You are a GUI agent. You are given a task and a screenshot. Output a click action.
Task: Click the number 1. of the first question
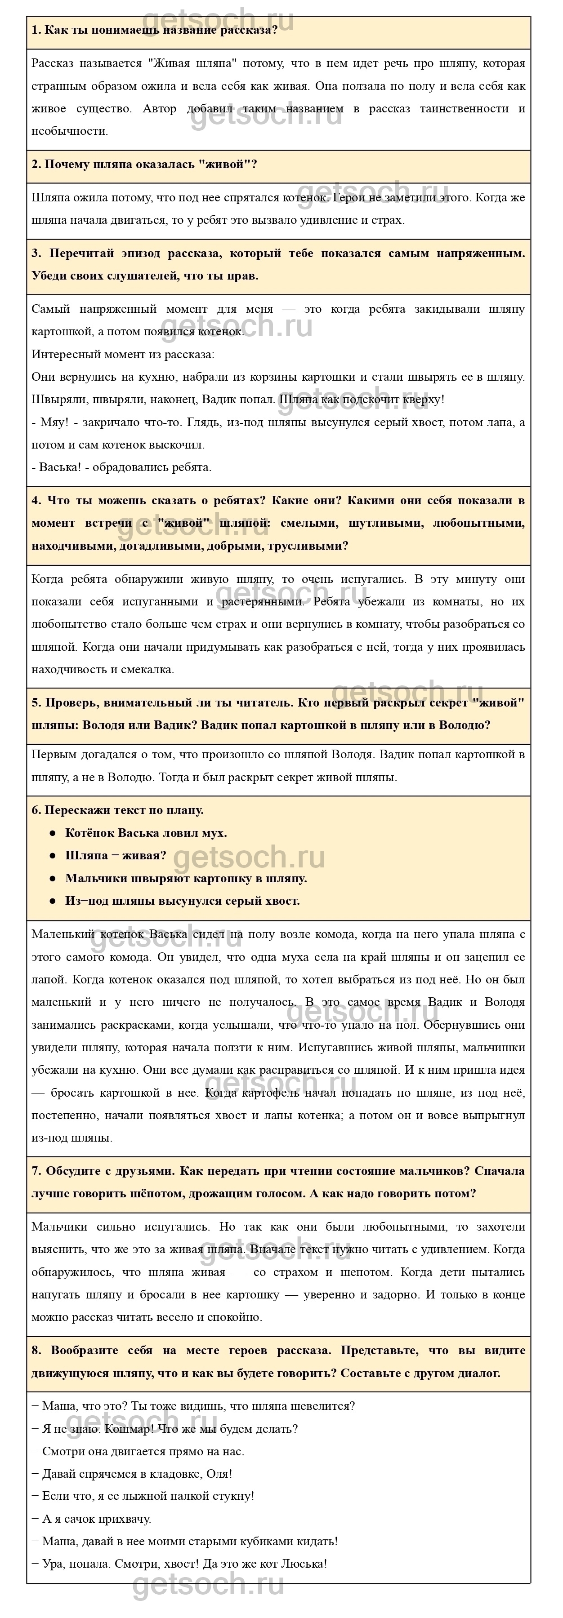point(36,30)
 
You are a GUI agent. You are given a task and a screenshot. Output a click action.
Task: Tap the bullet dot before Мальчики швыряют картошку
point(53,879)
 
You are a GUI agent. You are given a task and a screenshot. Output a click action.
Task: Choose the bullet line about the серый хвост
point(182,901)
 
